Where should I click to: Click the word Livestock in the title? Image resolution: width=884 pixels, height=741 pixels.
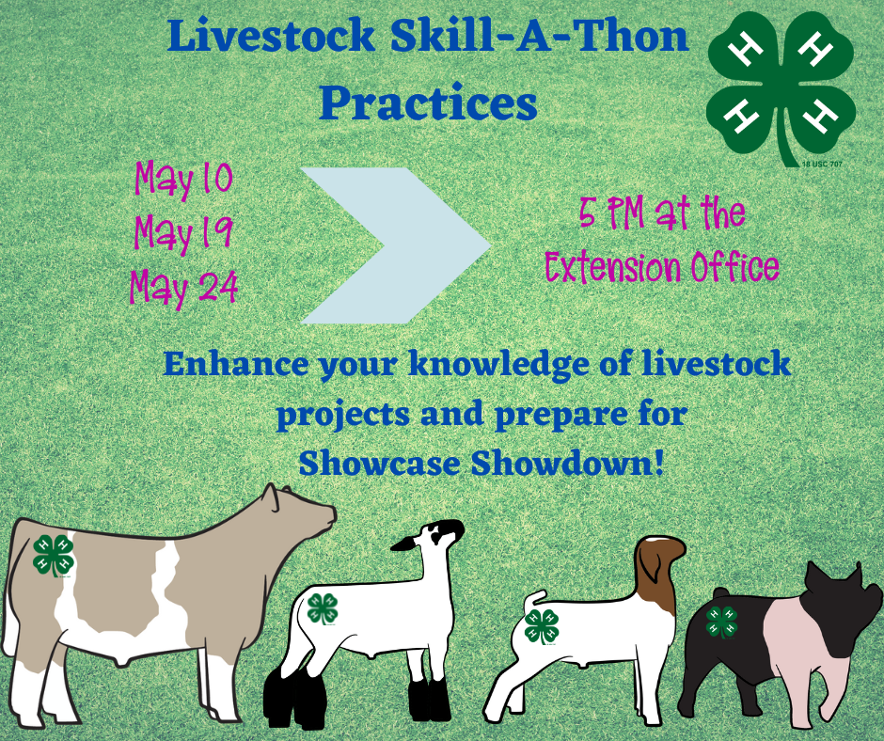click(x=271, y=36)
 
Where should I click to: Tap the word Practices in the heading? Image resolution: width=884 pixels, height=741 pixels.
click(x=428, y=102)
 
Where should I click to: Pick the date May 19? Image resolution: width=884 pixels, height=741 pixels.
click(x=183, y=231)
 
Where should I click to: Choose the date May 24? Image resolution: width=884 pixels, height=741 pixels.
click(x=183, y=287)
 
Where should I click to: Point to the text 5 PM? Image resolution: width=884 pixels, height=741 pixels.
click(x=611, y=213)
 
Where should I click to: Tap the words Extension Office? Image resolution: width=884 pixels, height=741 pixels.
click(x=662, y=267)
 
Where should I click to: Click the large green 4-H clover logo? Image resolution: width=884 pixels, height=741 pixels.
click(x=781, y=87)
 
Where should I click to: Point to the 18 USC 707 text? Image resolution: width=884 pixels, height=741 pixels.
click(x=822, y=165)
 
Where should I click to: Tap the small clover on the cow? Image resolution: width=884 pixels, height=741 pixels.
click(x=54, y=555)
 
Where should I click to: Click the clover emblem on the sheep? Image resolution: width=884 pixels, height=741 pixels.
click(x=323, y=608)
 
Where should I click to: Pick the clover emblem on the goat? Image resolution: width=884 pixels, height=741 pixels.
click(x=542, y=626)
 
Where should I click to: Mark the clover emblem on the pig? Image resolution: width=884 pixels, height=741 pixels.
click(x=721, y=622)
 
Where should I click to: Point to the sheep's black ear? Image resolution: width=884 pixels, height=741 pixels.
click(x=406, y=544)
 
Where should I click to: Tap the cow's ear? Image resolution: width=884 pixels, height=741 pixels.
click(x=273, y=498)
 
